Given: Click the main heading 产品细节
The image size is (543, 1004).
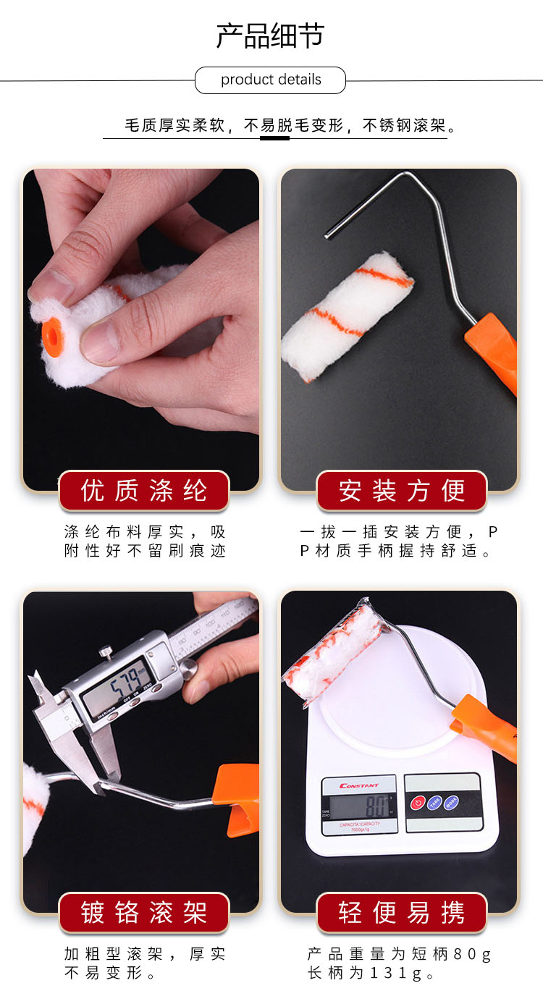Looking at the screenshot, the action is tap(270, 36).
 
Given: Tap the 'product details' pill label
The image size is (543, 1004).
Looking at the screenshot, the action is tap(270, 80).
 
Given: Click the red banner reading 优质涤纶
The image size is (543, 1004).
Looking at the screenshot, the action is tap(144, 490).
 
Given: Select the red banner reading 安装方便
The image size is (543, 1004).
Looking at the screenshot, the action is tap(402, 490).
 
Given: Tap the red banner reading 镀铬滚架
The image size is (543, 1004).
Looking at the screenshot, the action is tap(144, 913).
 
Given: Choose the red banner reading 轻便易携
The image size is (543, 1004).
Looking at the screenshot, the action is tap(402, 913).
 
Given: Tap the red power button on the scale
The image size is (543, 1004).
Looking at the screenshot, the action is tap(418, 803).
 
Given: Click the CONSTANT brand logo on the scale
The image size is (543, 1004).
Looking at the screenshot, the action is tap(358, 785).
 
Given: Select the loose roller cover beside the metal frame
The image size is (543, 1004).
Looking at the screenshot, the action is tap(347, 316).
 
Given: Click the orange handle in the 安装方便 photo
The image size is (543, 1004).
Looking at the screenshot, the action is tap(492, 353).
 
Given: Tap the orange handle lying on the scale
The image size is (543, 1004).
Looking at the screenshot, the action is tap(485, 727).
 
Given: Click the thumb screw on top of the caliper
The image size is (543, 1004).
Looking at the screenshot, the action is tap(106, 650).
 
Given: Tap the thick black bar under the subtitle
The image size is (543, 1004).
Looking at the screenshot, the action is tap(274, 138).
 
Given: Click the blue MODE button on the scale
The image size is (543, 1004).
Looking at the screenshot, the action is tap(451, 802).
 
